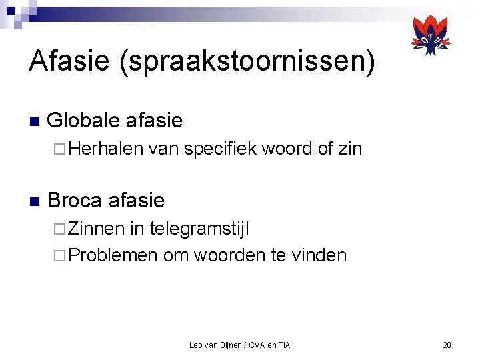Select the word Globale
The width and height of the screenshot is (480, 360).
coord(83,121)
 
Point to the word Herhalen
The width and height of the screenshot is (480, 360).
coord(106,149)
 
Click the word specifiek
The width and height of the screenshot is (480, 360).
coord(219,149)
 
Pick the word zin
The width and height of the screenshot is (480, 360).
coord(349,149)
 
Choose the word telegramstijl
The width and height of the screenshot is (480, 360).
coord(199,229)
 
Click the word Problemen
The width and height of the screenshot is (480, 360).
coord(113,255)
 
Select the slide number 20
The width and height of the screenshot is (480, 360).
coord(447,345)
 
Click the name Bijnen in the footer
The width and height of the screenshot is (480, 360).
coord(230,345)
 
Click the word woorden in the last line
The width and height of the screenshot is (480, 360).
coord(231,255)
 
